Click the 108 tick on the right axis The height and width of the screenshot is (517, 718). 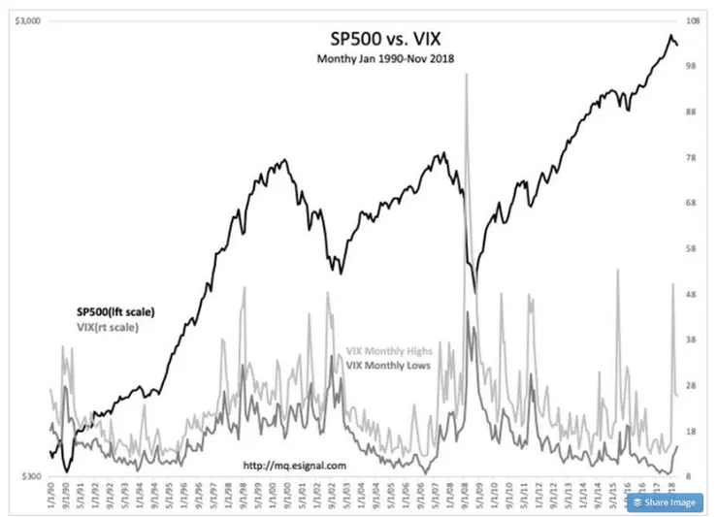[693, 20]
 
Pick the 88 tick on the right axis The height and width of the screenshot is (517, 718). [693, 112]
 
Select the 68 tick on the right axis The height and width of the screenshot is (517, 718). [693, 204]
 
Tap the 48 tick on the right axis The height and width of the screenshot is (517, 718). [693, 295]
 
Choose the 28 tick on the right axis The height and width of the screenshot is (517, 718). [693, 386]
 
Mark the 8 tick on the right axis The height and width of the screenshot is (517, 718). [693, 477]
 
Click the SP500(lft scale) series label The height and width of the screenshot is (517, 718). [115, 311]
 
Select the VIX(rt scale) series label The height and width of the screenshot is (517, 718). [107, 327]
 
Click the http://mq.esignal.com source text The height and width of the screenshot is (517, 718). [293, 464]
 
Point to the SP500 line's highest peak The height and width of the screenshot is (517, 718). [671, 37]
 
